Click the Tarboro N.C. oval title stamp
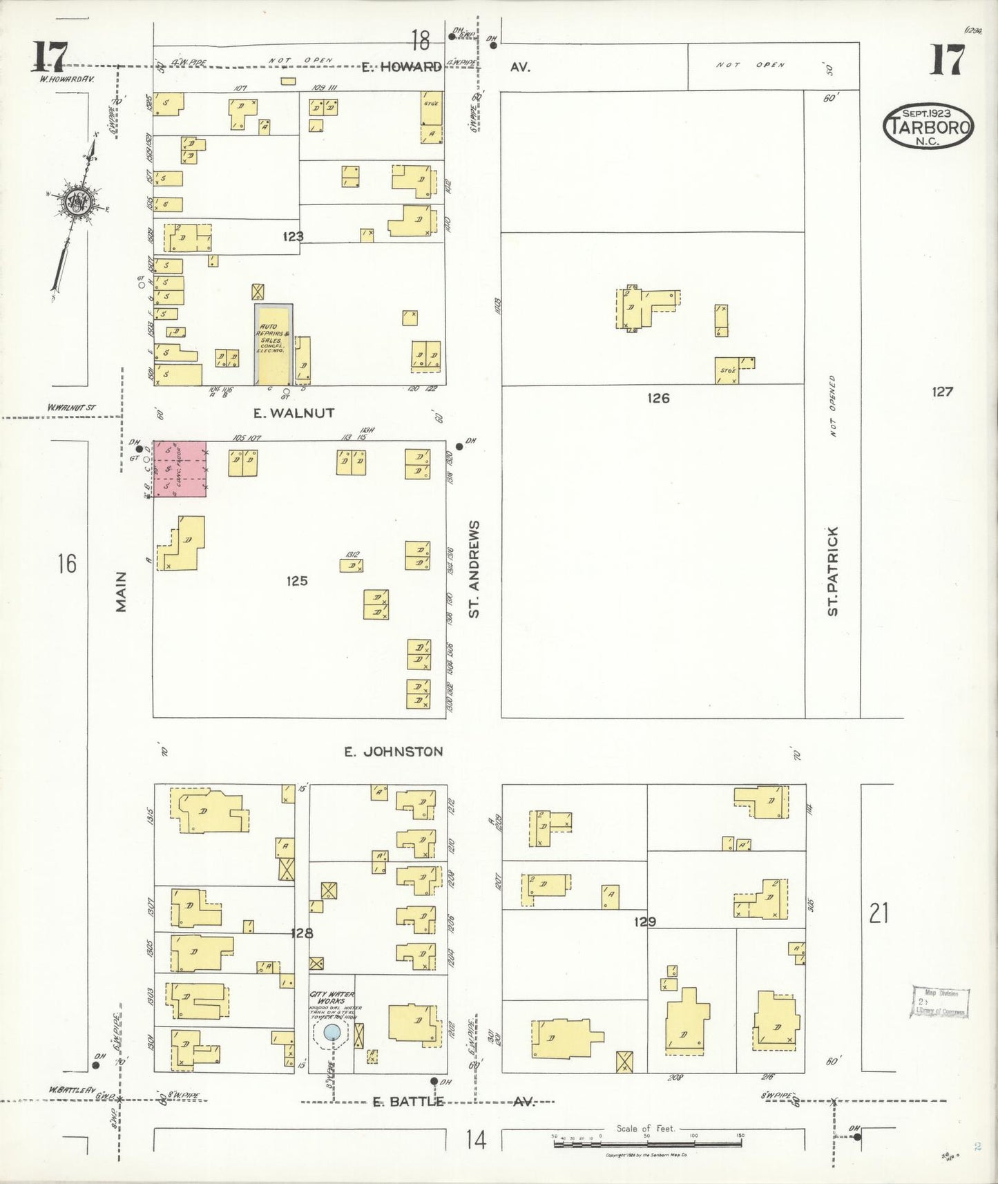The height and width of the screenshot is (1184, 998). (928, 125)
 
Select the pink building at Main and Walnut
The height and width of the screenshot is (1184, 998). (180, 468)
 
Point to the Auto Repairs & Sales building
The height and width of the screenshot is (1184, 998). (274, 343)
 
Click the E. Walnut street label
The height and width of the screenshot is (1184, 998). (294, 413)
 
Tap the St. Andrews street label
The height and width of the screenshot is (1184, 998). (474, 569)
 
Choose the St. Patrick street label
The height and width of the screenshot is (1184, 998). (833, 571)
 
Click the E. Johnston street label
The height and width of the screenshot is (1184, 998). (394, 752)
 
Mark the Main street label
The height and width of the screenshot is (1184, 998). (122, 591)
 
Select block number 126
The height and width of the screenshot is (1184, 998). (658, 398)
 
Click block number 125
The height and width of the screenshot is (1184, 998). (297, 581)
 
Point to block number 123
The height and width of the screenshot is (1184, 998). (293, 236)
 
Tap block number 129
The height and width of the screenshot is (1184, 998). (643, 922)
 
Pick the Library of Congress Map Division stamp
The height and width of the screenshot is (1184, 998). (940, 1002)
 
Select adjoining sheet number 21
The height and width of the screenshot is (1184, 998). (879, 913)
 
